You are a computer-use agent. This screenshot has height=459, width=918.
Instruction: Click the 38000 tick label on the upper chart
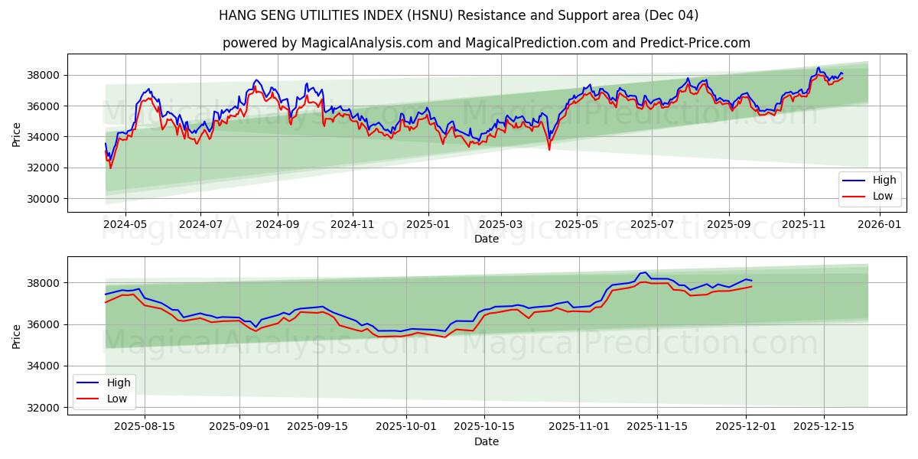tap(44, 75)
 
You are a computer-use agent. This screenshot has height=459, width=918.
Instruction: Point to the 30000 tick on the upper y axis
tap(44, 199)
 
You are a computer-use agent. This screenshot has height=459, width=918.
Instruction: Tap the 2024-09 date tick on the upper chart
tap(277, 224)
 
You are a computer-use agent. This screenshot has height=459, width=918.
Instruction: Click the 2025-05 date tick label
tap(576, 224)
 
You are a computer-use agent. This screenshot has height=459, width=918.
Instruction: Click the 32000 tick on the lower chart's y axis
tap(44, 408)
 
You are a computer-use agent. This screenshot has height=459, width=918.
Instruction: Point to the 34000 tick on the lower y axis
tap(44, 366)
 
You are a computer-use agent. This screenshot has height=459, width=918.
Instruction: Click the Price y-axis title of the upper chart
tap(17, 134)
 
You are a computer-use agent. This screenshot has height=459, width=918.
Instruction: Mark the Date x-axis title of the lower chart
tap(487, 441)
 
